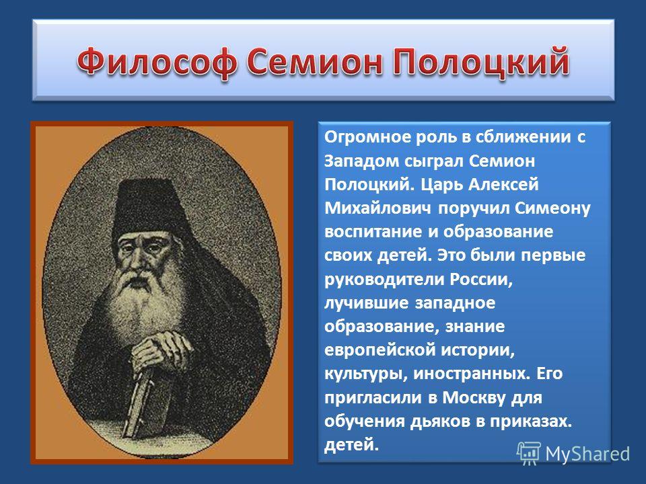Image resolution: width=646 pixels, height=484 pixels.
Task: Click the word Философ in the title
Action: (x=157, y=62)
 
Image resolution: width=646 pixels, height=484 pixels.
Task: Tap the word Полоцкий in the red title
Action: (x=480, y=62)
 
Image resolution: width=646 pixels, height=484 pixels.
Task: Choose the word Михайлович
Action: (x=378, y=208)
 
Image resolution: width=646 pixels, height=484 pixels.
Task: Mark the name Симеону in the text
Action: (x=552, y=208)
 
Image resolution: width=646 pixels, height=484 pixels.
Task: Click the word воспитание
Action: (x=373, y=232)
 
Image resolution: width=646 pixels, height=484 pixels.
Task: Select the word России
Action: (x=480, y=280)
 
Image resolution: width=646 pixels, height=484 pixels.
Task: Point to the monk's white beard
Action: (x=142, y=305)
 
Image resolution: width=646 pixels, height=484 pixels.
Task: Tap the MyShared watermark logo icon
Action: (x=529, y=453)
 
